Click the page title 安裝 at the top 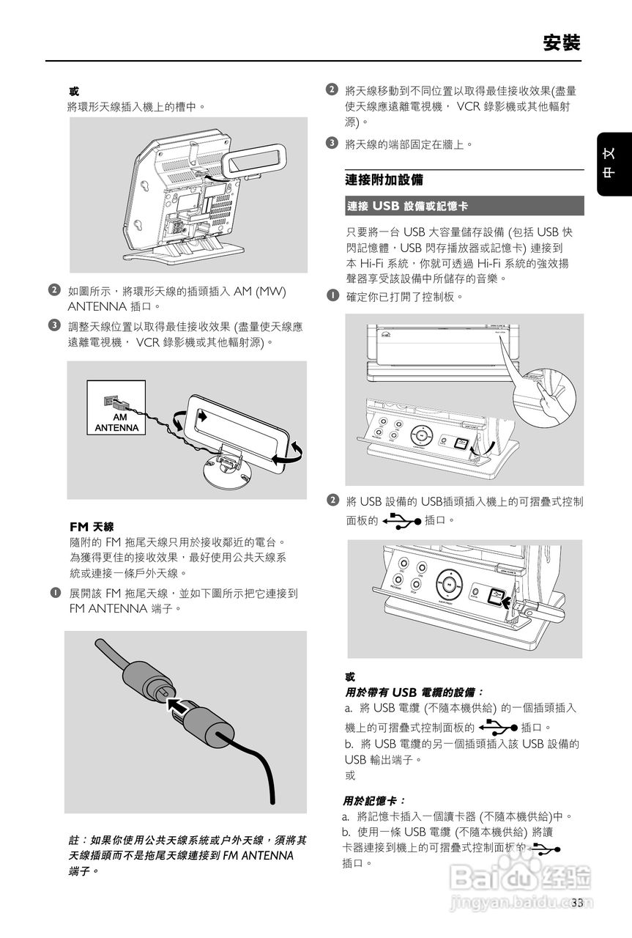562,43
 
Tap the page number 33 577,903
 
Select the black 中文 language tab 614,164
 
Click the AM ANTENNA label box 116,407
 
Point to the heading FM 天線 92,526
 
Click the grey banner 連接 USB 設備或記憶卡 464,206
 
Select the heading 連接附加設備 384,180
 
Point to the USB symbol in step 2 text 402,520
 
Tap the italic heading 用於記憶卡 373,801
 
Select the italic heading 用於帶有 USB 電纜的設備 414,693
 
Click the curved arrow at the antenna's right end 289,454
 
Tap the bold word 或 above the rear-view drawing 74,92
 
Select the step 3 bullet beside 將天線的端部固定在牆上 332,143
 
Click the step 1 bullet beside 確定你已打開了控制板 332,295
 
